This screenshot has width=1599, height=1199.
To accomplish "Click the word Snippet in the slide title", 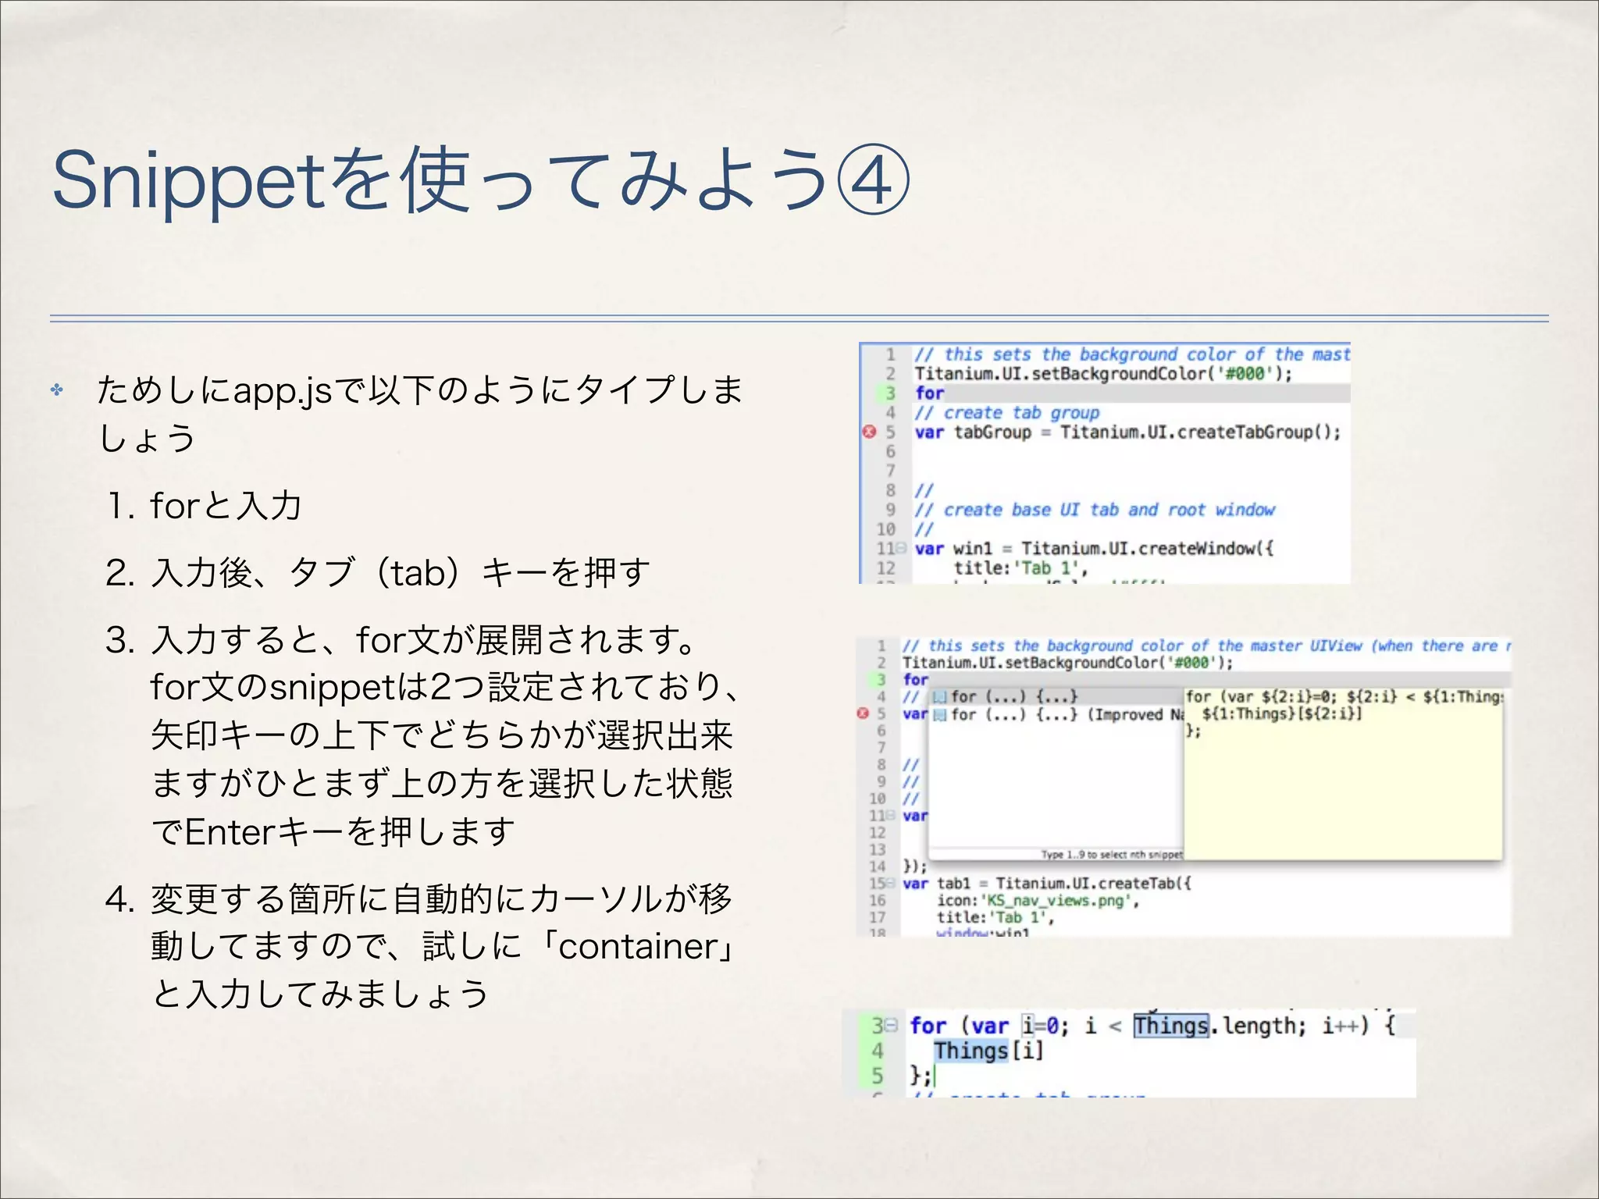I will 187,181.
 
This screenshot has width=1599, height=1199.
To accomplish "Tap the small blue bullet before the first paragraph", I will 57,389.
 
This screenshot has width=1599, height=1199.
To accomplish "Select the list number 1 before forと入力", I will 119,507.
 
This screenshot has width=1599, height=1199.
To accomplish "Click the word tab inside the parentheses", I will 418,574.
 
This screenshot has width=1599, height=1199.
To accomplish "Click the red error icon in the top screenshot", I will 869,432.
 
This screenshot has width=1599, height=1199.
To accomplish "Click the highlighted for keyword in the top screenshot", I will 930,393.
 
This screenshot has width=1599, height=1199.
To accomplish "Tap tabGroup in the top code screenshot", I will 992,432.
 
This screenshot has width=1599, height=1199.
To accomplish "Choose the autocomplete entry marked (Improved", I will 1125,714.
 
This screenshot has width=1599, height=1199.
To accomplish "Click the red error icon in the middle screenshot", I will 863,713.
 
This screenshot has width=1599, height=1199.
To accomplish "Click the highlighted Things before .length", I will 1170,1026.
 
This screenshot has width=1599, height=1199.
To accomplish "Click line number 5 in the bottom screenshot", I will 878,1076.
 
